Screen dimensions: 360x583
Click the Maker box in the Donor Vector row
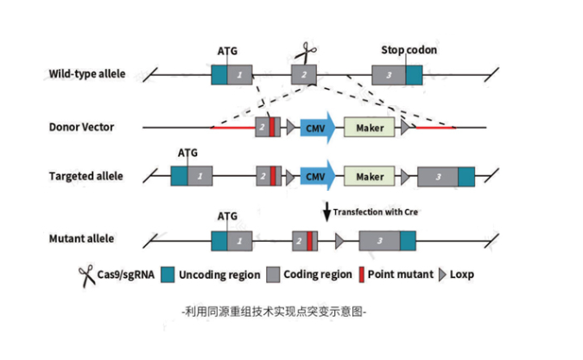click(x=370, y=128)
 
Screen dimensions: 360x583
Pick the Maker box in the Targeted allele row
click(x=370, y=177)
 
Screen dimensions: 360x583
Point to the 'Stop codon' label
click(x=409, y=50)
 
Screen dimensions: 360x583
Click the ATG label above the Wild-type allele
click(x=227, y=51)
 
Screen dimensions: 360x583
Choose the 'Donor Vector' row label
click(x=81, y=128)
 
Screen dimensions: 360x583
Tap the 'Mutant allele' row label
click(x=81, y=238)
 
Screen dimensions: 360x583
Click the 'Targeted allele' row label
click(x=86, y=177)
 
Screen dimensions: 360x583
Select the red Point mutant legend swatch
click(x=360, y=275)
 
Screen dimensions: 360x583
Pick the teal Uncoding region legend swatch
click(x=168, y=275)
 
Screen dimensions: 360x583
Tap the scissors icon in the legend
click(x=86, y=275)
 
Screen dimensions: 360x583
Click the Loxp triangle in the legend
click(x=443, y=275)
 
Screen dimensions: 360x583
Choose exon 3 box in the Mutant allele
click(x=379, y=240)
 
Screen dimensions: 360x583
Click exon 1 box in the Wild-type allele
click(x=239, y=75)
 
